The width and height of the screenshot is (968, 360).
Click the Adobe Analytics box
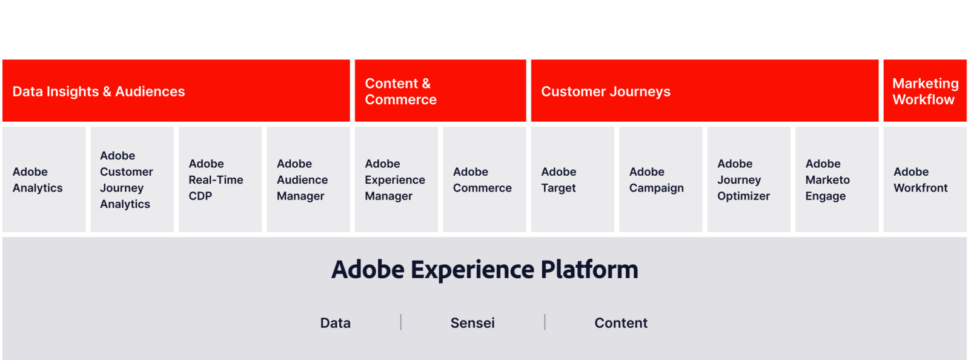pos(44,179)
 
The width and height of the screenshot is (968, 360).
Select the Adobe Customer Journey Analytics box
pos(132,179)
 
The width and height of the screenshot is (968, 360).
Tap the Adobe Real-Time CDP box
pos(220,179)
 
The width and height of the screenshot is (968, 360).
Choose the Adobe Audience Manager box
pos(308,179)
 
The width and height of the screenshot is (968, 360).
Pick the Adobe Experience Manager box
pos(396,179)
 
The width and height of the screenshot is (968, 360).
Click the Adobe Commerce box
pos(485,179)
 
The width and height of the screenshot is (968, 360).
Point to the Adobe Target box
pos(572,179)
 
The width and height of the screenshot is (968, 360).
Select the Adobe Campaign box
pos(660,179)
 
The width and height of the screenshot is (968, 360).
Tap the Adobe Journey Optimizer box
pos(749,179)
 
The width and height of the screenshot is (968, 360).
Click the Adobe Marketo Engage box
pos(837,179)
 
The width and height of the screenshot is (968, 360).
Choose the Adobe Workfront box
pos(924,179)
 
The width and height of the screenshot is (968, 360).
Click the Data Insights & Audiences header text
pos(99,92)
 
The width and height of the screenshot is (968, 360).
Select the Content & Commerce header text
pos(400,92)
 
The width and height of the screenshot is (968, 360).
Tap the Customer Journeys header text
pos(606,92)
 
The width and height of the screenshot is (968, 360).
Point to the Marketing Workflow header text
pos(925,92)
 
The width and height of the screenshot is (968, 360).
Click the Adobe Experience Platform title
pos(485,270)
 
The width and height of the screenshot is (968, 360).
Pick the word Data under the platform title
pos(335,323)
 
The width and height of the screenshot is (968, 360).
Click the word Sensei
pos(472,323)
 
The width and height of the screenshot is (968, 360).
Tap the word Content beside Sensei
pos(621,323)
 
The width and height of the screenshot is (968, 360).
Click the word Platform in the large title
pos(589,270)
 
